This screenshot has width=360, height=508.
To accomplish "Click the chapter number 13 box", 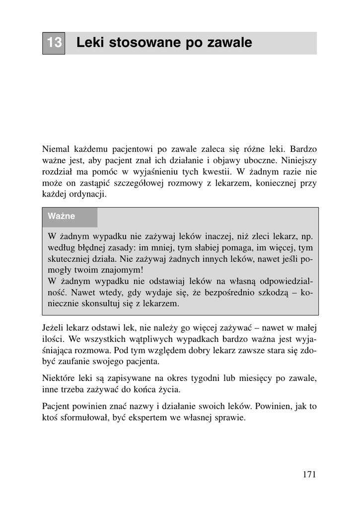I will [x=54, y=43].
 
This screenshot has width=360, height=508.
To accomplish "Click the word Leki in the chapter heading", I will [x=90, y=43].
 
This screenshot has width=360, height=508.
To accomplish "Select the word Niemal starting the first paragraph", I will [x=56, y=149].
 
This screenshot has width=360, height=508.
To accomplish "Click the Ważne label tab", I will [x=62, y=216].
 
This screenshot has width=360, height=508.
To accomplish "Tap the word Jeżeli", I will [x=55, y=328].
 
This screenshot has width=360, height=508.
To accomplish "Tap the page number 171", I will [x=309, y=474].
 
